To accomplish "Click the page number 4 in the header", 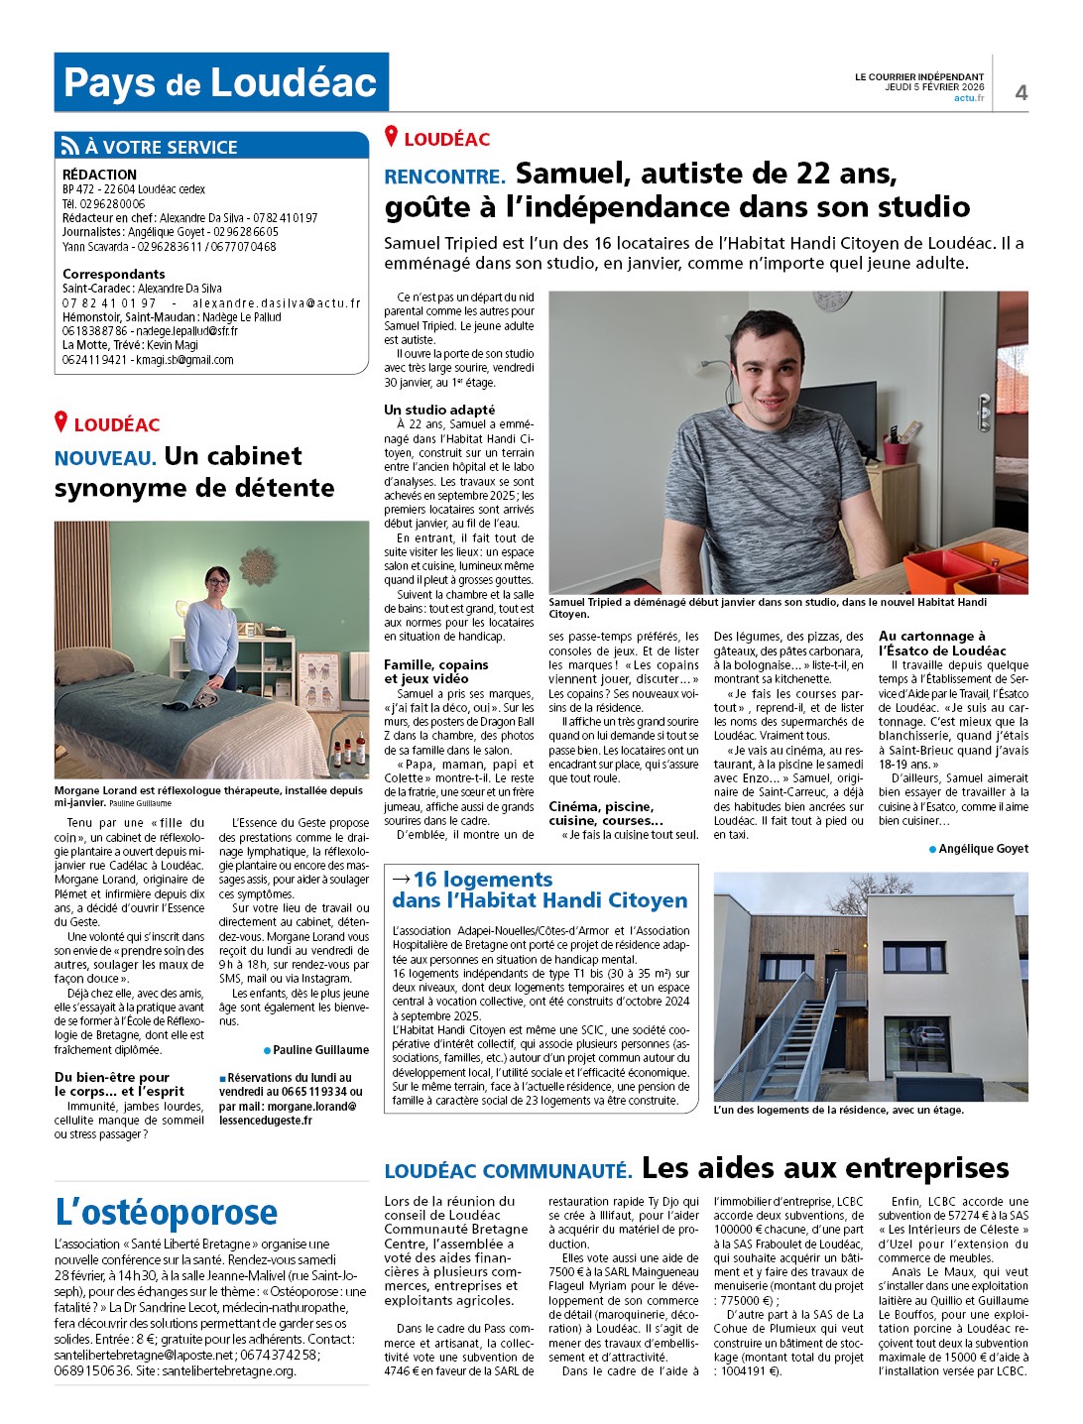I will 1021,92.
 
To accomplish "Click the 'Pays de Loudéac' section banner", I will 221,82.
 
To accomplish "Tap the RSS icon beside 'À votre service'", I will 69,147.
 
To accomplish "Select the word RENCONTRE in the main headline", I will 444,178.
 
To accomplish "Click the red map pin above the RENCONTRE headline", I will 392,137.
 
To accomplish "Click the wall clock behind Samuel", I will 831,299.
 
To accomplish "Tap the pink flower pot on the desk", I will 896,449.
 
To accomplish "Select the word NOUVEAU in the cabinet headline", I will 105,458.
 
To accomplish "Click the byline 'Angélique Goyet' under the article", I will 983,849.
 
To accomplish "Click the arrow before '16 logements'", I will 402,880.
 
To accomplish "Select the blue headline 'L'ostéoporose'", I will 167,1213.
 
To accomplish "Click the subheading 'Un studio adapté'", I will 439,410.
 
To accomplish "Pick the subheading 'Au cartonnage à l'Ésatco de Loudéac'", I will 942,643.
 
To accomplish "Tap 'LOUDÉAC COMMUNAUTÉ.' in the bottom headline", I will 508,1171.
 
